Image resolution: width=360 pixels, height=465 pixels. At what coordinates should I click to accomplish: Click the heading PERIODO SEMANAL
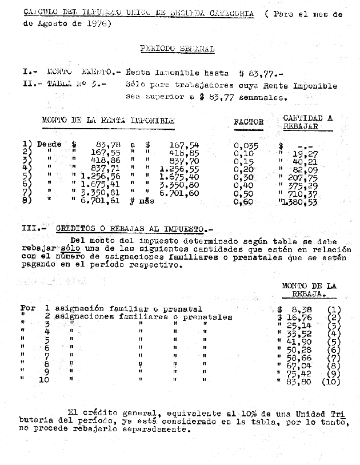(x=177, y=49)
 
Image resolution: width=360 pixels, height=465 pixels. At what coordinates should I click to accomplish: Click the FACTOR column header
(x=249, y=122)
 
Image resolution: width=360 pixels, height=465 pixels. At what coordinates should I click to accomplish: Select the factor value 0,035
(x=246, y=145)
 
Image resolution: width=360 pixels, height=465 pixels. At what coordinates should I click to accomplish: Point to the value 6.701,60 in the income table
(x=179, y=194)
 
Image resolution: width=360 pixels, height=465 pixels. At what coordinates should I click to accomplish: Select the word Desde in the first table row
(x=49, y=145)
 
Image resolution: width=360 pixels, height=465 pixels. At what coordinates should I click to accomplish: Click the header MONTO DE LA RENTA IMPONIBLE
(x=108, y=121)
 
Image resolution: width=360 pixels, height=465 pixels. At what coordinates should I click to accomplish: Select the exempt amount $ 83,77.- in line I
(x=261, y=73)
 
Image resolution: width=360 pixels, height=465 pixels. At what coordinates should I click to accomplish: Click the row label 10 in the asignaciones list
(x=44, y=379)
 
